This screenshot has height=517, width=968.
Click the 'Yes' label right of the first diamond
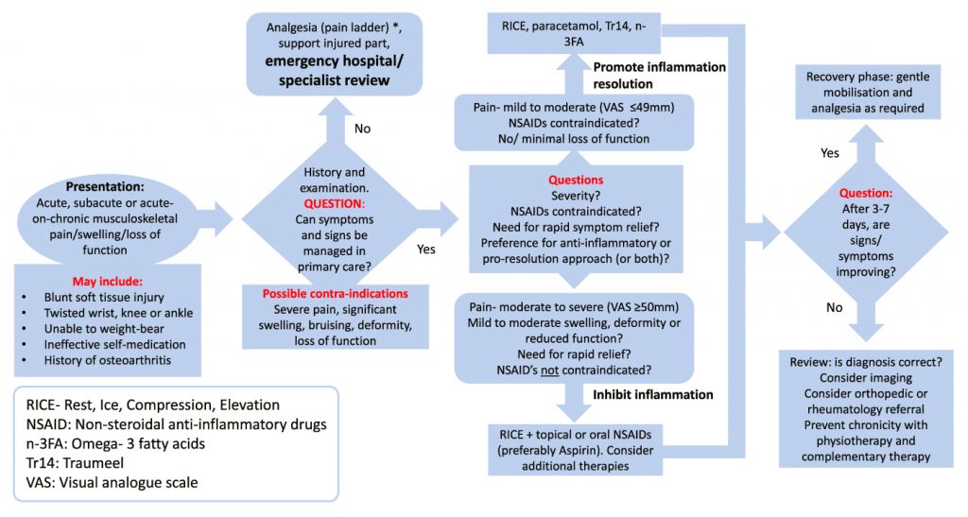[x=426, y=250]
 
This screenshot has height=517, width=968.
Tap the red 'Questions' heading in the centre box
[x=576, y=179]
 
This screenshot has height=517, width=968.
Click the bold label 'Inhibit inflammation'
[x=652, y=393]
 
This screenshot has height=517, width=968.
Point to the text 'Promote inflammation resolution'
[x=659, y=76]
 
